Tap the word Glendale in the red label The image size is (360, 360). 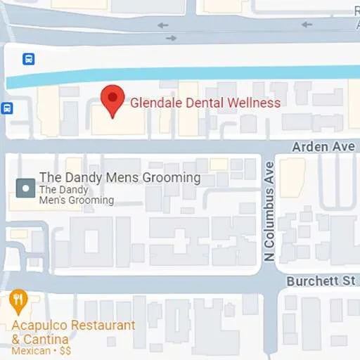pyautogui.click(x=152, y=103)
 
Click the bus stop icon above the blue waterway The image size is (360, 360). pyautogui.click(x=29, y=59)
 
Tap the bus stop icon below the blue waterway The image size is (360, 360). pyautogui.click(x=6, y=108)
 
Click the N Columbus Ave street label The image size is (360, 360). pyautogui.click(x=269, y=211)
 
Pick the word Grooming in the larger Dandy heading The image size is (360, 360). pyautogui.click(x=172, y=178)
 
